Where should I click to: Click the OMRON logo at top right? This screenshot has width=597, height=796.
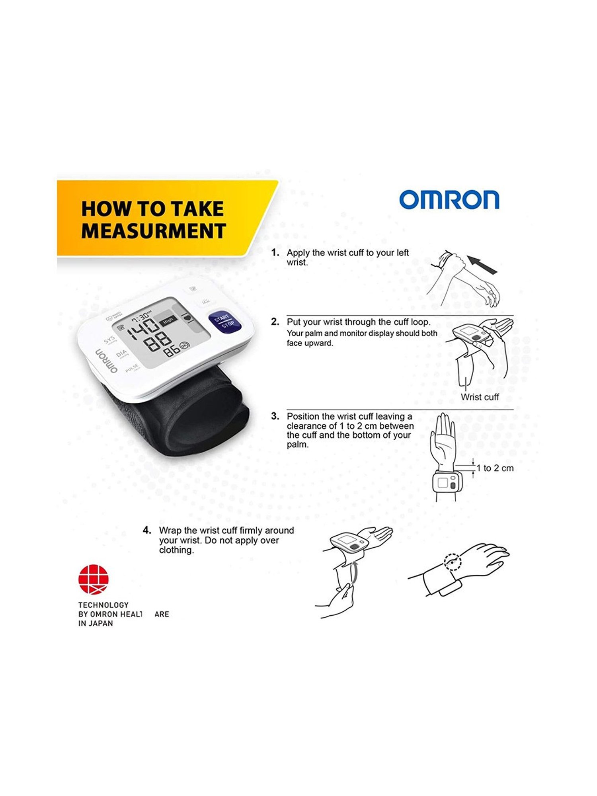pyautogui.click(x=449, y=199)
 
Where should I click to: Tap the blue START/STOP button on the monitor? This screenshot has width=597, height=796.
pyautogui.click(x=225, y=322)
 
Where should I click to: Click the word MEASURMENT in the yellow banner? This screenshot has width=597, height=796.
pyautogui.click(x=154, y=231)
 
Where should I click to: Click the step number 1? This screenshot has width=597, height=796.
pyautogui.click(x=275, y=253)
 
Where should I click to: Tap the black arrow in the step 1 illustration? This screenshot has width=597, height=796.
pyautogui.click(x=482, y=265)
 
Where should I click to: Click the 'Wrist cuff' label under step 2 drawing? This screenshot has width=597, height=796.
pyautogui.click(x=480, y=397)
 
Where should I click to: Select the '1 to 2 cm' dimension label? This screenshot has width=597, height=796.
pyautogui.click(x=495, y=468)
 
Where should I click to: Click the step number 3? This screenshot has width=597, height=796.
pyautogui.click(x=275, y=417)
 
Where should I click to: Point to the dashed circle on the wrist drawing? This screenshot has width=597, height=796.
pyautogui.click(x=453, y=562)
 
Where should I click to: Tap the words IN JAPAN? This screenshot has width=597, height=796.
pyautogui.click(x=96, y=624)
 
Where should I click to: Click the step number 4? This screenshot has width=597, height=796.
pyautogui.click(x=147, y=531)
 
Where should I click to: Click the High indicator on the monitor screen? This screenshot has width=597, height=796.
pyautogui.click(x=168, y=320)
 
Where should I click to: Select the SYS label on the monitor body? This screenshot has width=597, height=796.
pyautogui.click(x=109, y=339)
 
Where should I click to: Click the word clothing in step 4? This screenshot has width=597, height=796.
pyautogui.click(x=176, y=550)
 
